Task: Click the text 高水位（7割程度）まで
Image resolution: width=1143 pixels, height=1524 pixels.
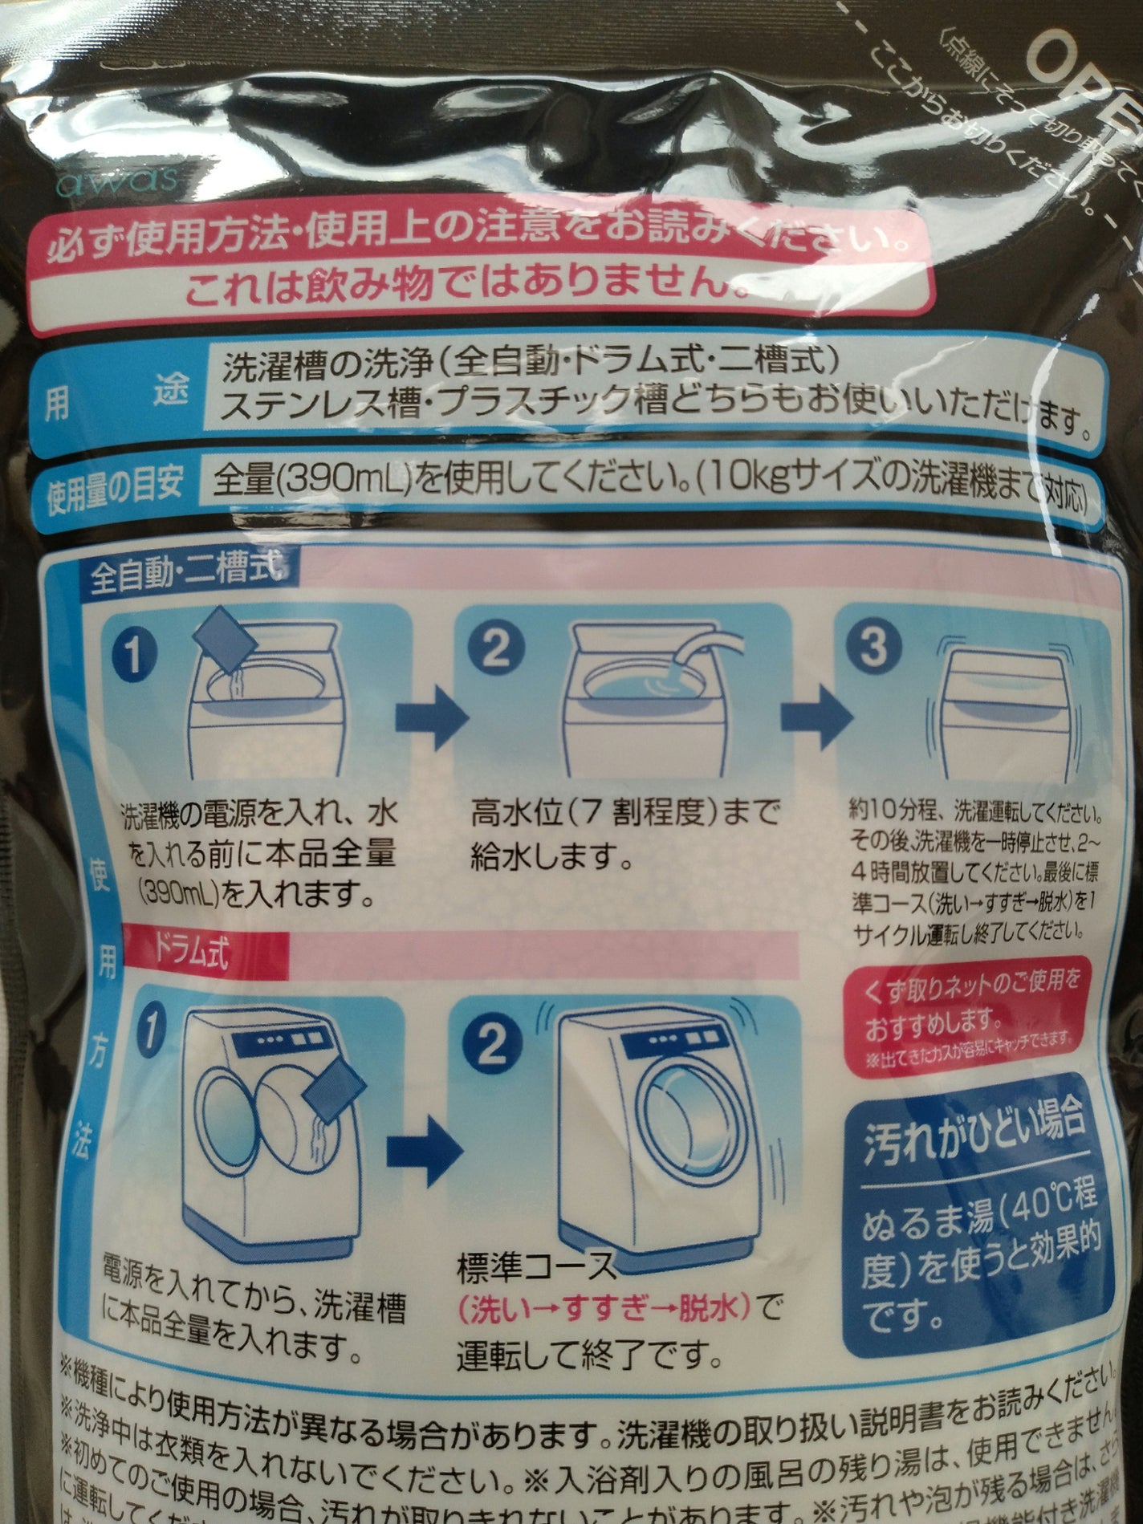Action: pyautogui.click(x=624, y=815)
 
